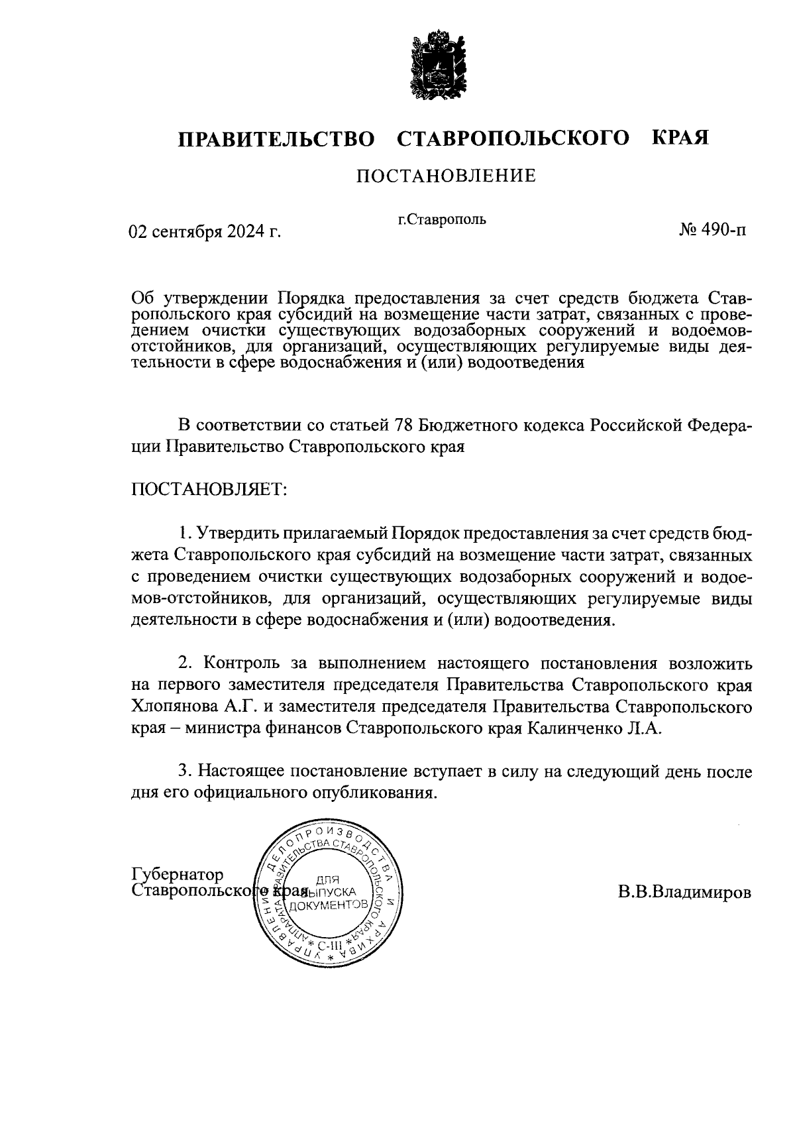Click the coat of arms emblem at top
pos(436,64)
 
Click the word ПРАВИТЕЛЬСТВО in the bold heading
pos(276,139)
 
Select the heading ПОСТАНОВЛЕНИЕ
pos(445,176)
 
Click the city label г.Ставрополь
pos(442,219)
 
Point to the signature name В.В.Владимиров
pos(685,892)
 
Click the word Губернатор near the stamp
pos(178,874)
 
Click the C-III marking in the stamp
pos(327,944)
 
